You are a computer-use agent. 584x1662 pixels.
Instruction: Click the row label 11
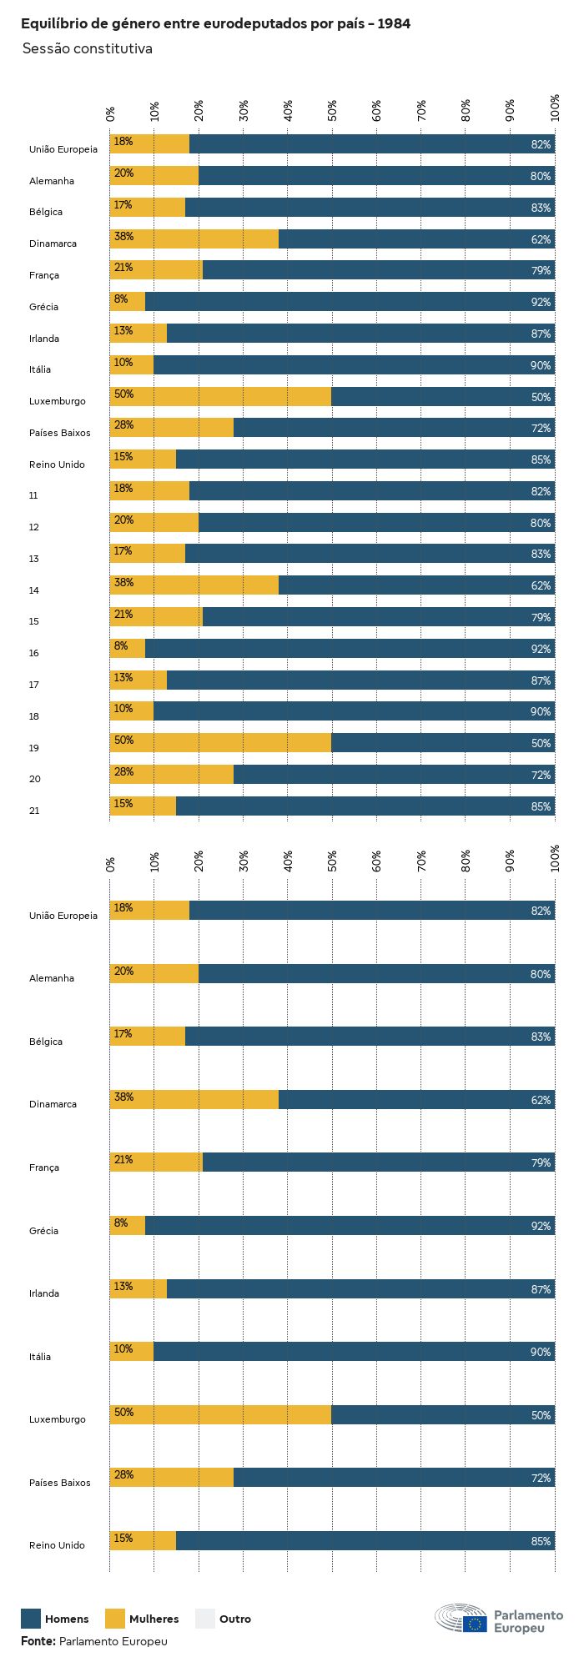pos(33,495)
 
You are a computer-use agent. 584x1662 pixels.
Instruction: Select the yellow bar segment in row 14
pos(194,585)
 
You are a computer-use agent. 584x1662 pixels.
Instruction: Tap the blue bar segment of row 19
pos(442,743)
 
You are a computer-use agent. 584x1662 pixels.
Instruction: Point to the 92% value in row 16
pos(541,649)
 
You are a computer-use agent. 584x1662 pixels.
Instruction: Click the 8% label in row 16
pos(121,645)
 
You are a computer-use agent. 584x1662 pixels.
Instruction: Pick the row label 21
pos(33,811)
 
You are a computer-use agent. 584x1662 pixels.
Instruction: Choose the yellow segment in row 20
pos(172,775)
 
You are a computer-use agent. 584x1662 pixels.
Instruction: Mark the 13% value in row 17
pos(123,677)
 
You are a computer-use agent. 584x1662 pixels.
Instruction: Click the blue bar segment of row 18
pos(354,711)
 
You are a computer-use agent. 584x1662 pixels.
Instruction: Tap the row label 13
pos(33,559)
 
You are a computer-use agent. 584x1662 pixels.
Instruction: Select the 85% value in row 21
pos(541,806)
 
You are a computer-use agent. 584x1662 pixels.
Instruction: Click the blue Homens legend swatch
pos(31,1619)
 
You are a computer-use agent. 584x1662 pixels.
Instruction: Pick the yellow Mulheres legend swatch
pos(115,1619)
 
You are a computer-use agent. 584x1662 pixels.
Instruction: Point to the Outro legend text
pos(234,1619)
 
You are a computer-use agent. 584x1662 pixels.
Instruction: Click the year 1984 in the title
pos(393,24)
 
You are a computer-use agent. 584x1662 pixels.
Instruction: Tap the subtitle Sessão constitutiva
pos(87,48)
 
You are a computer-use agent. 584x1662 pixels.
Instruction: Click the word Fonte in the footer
pos(38,1640)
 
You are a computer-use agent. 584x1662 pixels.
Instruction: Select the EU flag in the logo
pos(476,1623)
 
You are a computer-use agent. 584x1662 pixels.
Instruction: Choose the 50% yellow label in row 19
pos(123,741)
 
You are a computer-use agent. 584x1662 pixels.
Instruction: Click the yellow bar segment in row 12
pos(154,523)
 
